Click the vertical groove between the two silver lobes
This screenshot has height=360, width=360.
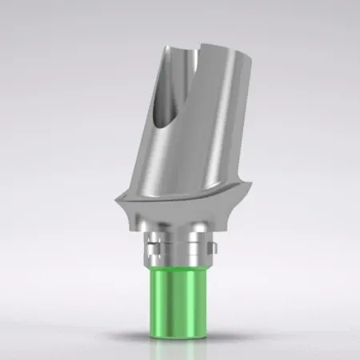click(180, 240)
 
